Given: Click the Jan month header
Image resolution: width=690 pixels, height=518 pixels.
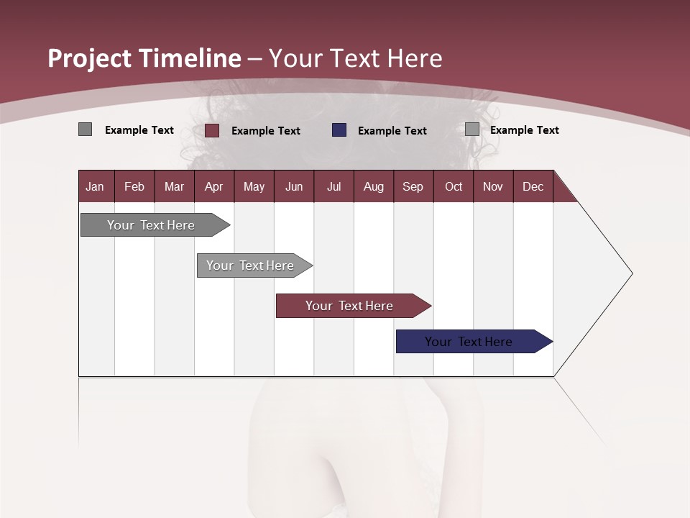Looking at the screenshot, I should point(96,186).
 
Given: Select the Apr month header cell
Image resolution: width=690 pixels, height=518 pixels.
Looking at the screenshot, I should point(214,186).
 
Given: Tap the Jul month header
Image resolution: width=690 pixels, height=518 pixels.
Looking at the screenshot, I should point(334,186).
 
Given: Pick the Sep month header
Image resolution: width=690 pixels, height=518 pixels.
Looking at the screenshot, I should point(413,186).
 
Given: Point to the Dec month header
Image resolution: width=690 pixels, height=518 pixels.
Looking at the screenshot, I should point(533,186).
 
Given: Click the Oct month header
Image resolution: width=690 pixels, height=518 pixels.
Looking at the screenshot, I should point(454,186).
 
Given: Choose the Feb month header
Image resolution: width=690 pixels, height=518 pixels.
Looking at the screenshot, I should point(134,186).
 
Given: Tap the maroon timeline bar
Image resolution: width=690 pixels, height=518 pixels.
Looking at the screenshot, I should point(350,306).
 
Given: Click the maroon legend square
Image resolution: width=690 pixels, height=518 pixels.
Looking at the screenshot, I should point(212,130).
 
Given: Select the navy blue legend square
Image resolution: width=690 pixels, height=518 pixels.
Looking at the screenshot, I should point(339,130).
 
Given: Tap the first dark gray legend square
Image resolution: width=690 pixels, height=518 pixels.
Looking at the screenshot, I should point(85,129).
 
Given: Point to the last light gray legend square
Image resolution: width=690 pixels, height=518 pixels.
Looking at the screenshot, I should point(472,129).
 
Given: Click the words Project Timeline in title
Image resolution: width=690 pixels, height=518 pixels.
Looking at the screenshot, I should point(144,58).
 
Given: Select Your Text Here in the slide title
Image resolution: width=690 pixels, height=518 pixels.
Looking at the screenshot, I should point(355,58).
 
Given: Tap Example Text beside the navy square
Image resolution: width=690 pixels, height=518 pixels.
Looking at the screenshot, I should point(392,131).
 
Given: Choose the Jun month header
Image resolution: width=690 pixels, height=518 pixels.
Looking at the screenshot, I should point(294,186).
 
